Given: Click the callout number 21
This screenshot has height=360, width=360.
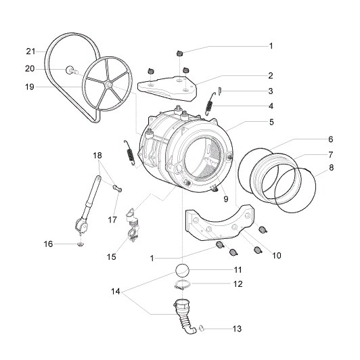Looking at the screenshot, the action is tap(30, 51).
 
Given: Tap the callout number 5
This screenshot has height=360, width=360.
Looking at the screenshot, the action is tap(271, 122).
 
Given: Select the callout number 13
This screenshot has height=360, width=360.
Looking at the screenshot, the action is tap(237, 329).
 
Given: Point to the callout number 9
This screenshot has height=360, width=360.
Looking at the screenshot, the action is tap(226, 199).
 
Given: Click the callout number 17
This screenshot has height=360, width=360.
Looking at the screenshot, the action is tap(112, 220).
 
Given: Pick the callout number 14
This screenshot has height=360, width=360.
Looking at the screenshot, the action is tap(116, 292).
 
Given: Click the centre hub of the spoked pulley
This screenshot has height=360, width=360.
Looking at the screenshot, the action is tap(109, 85).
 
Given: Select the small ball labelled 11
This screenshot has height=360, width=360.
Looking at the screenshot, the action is tap(182, 270).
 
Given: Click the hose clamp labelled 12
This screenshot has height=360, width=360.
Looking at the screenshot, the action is tap(182, 285).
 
